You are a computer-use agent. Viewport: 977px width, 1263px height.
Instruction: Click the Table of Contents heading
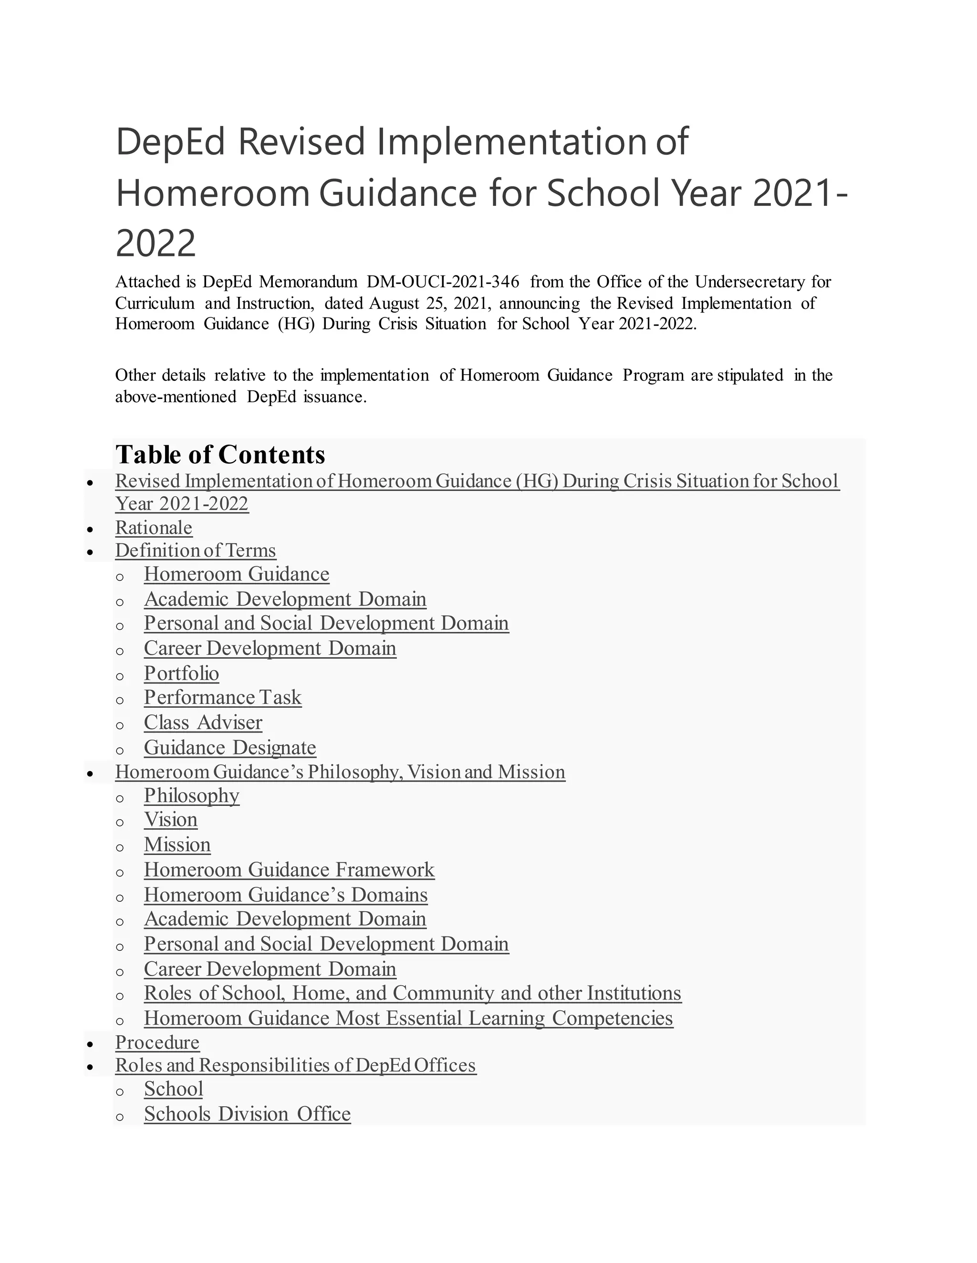220,455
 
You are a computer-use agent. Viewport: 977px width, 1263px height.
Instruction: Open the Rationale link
154,528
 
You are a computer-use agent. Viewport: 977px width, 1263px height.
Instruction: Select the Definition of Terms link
195,550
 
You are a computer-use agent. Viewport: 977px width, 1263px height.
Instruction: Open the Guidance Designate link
230,747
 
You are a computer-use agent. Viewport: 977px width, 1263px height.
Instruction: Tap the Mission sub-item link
177,845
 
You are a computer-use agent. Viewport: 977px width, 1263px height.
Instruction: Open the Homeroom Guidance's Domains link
285,895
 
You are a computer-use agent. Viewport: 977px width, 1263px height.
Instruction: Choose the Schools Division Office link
247,1114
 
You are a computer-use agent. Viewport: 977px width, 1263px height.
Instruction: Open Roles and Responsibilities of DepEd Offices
295,1065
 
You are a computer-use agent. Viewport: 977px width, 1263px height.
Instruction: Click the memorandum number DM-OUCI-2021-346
443,282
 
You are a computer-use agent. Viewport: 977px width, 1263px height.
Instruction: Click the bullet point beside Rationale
90,529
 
